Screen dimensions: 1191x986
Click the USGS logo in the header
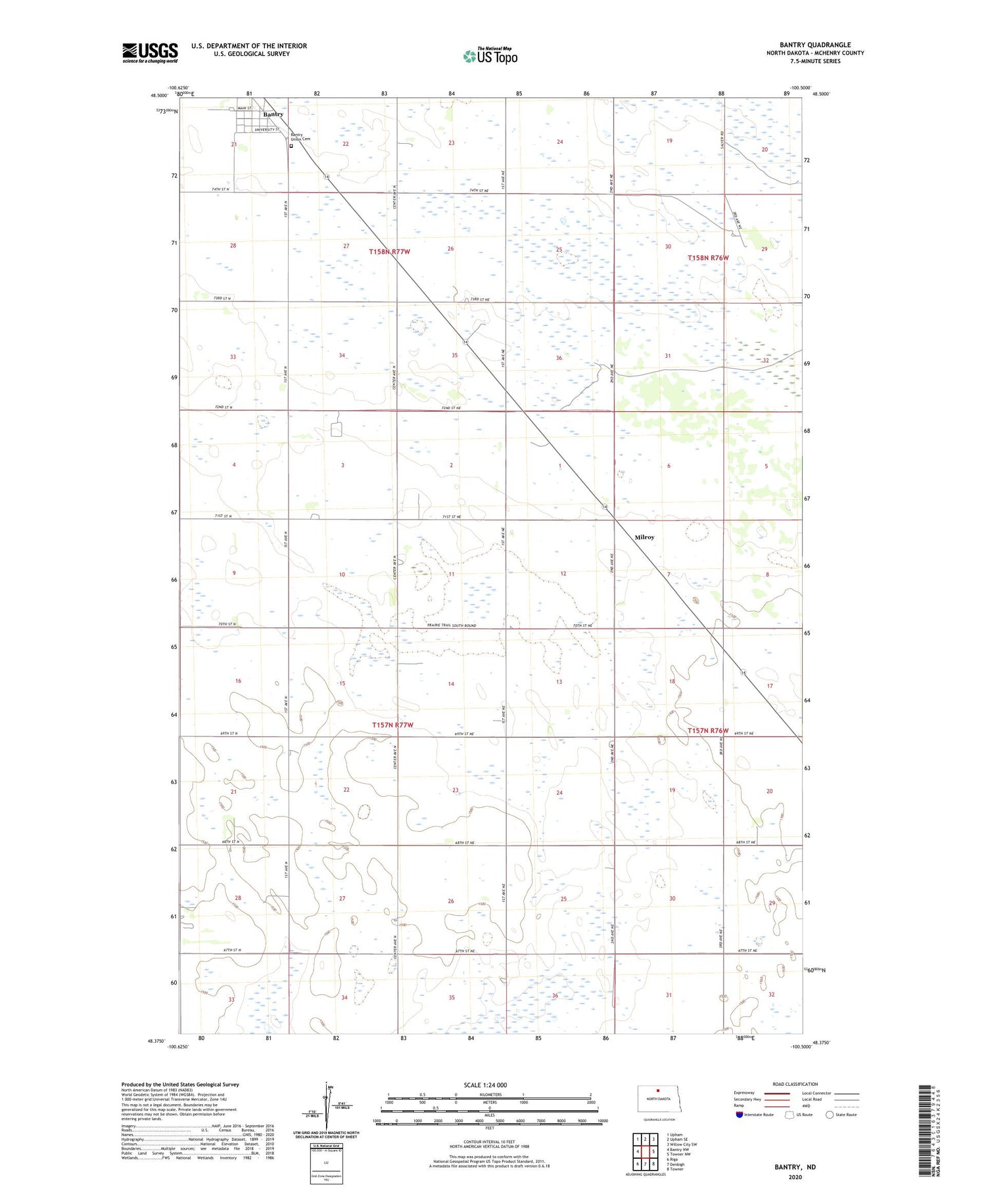(x=150, y=53)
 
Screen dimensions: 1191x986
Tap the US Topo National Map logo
(x=490, y=56)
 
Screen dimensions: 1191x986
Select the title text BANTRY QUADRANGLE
(x=814, y=45)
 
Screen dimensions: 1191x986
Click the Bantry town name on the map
(x=273, y=114)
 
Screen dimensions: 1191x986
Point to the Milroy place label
(x=644, y=537)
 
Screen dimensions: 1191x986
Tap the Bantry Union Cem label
(x=300, y=137)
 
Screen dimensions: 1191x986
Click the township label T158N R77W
(x=389, y=252)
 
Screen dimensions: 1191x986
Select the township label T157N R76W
(x=708, y=730)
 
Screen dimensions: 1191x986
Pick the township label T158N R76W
(x=708, y=258)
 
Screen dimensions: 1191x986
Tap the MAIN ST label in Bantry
(x=245, y=108)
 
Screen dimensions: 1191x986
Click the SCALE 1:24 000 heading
(x=485, y=1085)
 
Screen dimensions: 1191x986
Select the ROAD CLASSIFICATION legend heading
(x=795, y=1084)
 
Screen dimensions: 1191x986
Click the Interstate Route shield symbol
(x=739, y=1115)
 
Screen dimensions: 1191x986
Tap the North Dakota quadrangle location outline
(x=657, y=1099)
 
